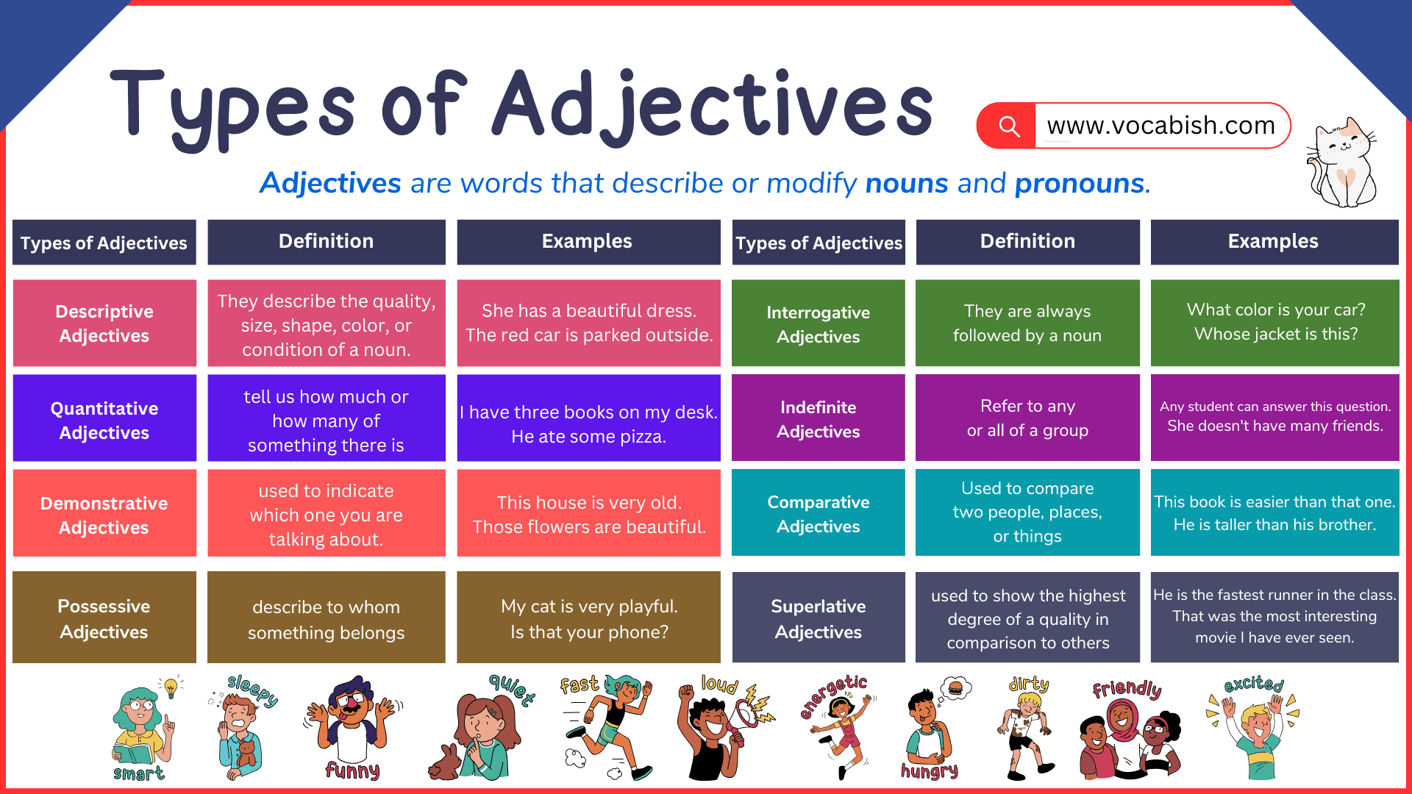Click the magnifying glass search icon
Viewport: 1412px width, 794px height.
coord(1009,126)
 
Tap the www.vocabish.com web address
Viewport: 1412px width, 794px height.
coord(1160,126)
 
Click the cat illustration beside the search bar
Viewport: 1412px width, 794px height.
coord(1341,163)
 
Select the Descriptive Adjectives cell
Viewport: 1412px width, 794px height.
coord(104,323)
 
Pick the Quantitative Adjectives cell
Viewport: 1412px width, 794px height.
coord(104,420)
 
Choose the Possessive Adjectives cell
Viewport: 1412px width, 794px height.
coord(104,618)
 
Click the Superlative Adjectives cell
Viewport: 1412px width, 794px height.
coord(818,618)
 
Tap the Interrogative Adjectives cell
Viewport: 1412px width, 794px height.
coord(818,323)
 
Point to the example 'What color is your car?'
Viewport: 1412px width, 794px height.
coord(1275,310)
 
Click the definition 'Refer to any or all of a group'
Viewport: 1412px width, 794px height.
coord(1027,418)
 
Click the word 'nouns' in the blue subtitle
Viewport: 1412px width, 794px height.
coord(906,183)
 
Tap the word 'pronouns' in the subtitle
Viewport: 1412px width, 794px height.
coord(1080,183)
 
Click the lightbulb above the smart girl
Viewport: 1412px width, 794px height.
coord(171,687)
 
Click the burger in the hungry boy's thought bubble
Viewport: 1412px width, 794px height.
coord(955,689)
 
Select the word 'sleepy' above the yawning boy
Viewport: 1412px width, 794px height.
coord(253,690)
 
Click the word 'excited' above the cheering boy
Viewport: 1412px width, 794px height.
coord(1253,684)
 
